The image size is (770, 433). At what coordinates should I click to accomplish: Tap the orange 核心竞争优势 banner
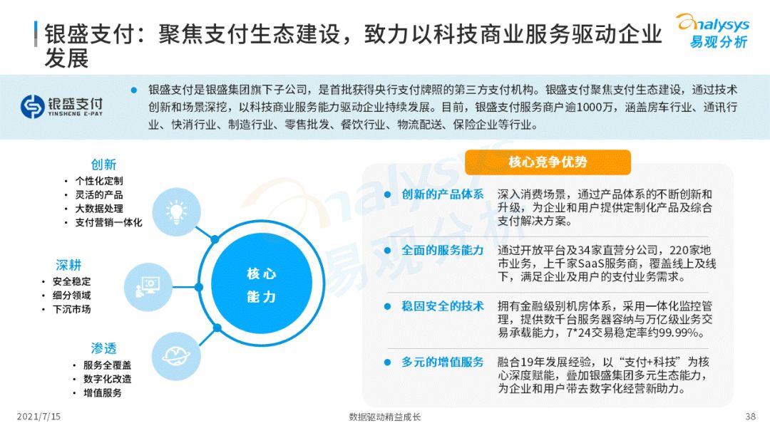(x=548, y=162)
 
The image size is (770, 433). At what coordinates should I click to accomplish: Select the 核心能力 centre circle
(x=262, y=285)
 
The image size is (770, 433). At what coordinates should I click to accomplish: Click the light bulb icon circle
(x=175, y=212)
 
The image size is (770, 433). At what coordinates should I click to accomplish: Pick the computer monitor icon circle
(x=148, y=285)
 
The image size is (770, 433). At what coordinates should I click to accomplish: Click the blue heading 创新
(x=103, y=165)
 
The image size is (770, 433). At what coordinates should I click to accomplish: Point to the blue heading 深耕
(x=69, y=265)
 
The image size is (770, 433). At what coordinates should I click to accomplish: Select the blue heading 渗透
(x=103, y=348)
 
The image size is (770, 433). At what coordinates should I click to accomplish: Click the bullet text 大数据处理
(x=99, y=209)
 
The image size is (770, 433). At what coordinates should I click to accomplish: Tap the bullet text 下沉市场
(x=71, y=309)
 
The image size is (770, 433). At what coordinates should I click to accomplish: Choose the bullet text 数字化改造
(x=107, y=379)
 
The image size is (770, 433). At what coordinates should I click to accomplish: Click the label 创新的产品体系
(x=443, y=194)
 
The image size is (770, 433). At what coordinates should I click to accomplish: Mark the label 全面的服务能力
(x=443, y=251)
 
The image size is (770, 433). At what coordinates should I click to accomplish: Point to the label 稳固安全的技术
(x=443, y=306)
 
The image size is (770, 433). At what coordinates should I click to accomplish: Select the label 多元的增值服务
(x=443, y=362)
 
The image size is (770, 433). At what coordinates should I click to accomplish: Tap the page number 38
(x=750, y=417)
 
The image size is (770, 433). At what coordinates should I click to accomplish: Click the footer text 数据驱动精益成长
(x=385, y=417)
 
